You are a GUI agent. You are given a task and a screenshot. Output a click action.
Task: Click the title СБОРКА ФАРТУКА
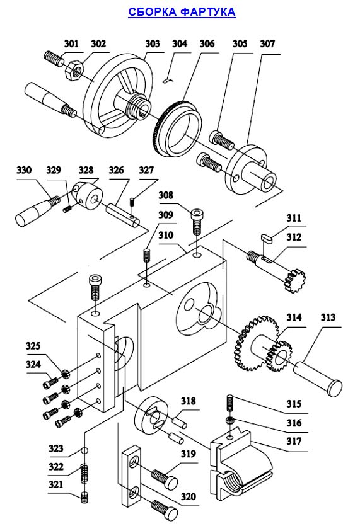(182, 12)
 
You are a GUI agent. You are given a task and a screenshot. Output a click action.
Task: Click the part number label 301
(71, 43)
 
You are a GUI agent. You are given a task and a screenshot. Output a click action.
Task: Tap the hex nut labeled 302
(73, 71)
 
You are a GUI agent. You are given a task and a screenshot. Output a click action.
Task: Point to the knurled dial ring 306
(177, 128)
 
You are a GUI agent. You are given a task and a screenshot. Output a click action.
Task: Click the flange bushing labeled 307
(252, 169)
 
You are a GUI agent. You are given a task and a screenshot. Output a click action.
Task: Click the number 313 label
(328, 317)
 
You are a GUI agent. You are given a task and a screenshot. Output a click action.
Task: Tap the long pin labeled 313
(318, 379)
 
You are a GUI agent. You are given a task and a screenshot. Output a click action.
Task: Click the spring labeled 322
(83, 474)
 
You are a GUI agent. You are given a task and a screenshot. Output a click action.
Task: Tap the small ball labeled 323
(84, 450)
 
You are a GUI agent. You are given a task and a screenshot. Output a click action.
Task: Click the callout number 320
(188, 497)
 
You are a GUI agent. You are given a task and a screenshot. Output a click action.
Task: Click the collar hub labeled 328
(88, 196)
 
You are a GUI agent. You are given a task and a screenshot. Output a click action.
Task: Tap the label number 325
(33, 346)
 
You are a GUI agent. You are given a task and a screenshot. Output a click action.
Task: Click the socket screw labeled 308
(197, 222)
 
